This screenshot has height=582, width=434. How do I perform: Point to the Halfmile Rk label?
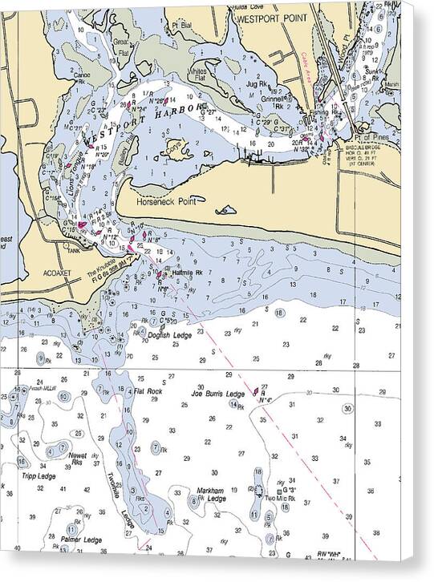pos(187,273)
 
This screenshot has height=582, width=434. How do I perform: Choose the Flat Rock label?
pos(148,391)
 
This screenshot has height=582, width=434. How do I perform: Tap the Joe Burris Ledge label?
pos(217,394)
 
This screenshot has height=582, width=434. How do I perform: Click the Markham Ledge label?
pos(211,494)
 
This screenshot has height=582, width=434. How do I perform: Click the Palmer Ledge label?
pos(81,540)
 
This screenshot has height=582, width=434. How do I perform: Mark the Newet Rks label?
pos(78,458)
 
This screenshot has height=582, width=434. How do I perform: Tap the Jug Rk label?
pos(257,83)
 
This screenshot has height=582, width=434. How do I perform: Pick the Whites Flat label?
pos(197,74)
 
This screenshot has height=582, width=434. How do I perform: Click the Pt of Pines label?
pos(376,139)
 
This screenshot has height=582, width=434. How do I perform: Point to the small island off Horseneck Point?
pos(226,212)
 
